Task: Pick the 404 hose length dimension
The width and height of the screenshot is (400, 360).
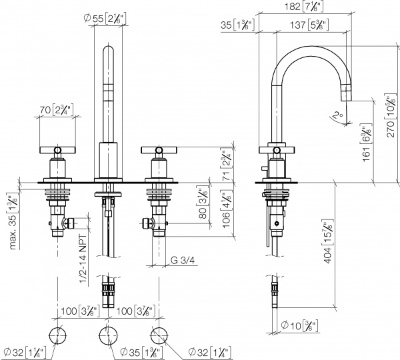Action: pos(327,243)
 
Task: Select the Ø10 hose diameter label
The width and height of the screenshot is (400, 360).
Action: pos(300,325)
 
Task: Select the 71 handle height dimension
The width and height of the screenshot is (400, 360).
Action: pos(227,163)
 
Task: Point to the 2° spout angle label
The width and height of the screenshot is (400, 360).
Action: pos(337,114)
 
